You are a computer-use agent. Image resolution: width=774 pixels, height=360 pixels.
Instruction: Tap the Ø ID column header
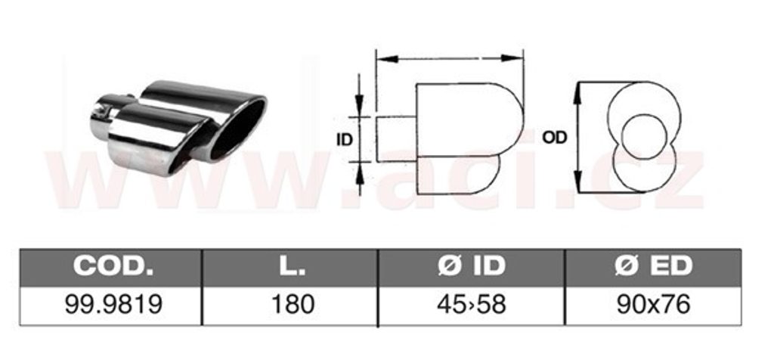click(x=472, y=266)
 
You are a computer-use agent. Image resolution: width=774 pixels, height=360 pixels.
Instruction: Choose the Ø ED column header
click(x=653, y=266)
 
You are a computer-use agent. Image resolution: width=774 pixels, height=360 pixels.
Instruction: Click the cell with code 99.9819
click(x=113, y=305)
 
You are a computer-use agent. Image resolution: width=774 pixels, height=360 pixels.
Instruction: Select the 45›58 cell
click(x=472, y=305)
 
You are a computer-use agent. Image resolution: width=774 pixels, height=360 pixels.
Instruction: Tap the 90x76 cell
click(x=653, y=305)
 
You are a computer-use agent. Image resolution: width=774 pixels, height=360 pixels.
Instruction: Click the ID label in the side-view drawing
click(x=345, y=140)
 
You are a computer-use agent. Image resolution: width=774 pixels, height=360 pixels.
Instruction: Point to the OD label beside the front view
click(x=555, y=138)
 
